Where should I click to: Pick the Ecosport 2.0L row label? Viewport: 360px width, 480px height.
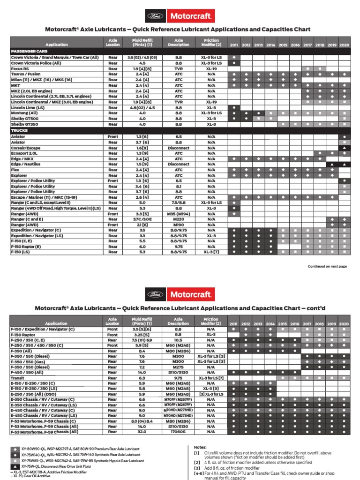click(24, 153)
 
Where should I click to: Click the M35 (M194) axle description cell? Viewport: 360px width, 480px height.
click(179, 214)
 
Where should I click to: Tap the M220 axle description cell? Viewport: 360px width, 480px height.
click(179, 219)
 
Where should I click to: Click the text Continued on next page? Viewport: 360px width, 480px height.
click(327, 266)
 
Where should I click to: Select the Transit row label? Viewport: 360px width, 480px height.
click(18, 378)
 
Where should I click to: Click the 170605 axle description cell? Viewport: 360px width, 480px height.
click(179, 432)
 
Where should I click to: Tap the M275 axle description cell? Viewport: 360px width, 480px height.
click(179, 367)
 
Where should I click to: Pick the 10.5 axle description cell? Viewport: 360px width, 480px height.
click(179, 340)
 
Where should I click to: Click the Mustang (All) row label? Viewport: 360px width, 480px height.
click(22, 113)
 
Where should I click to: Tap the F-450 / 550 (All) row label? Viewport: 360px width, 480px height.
click(29, 372)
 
